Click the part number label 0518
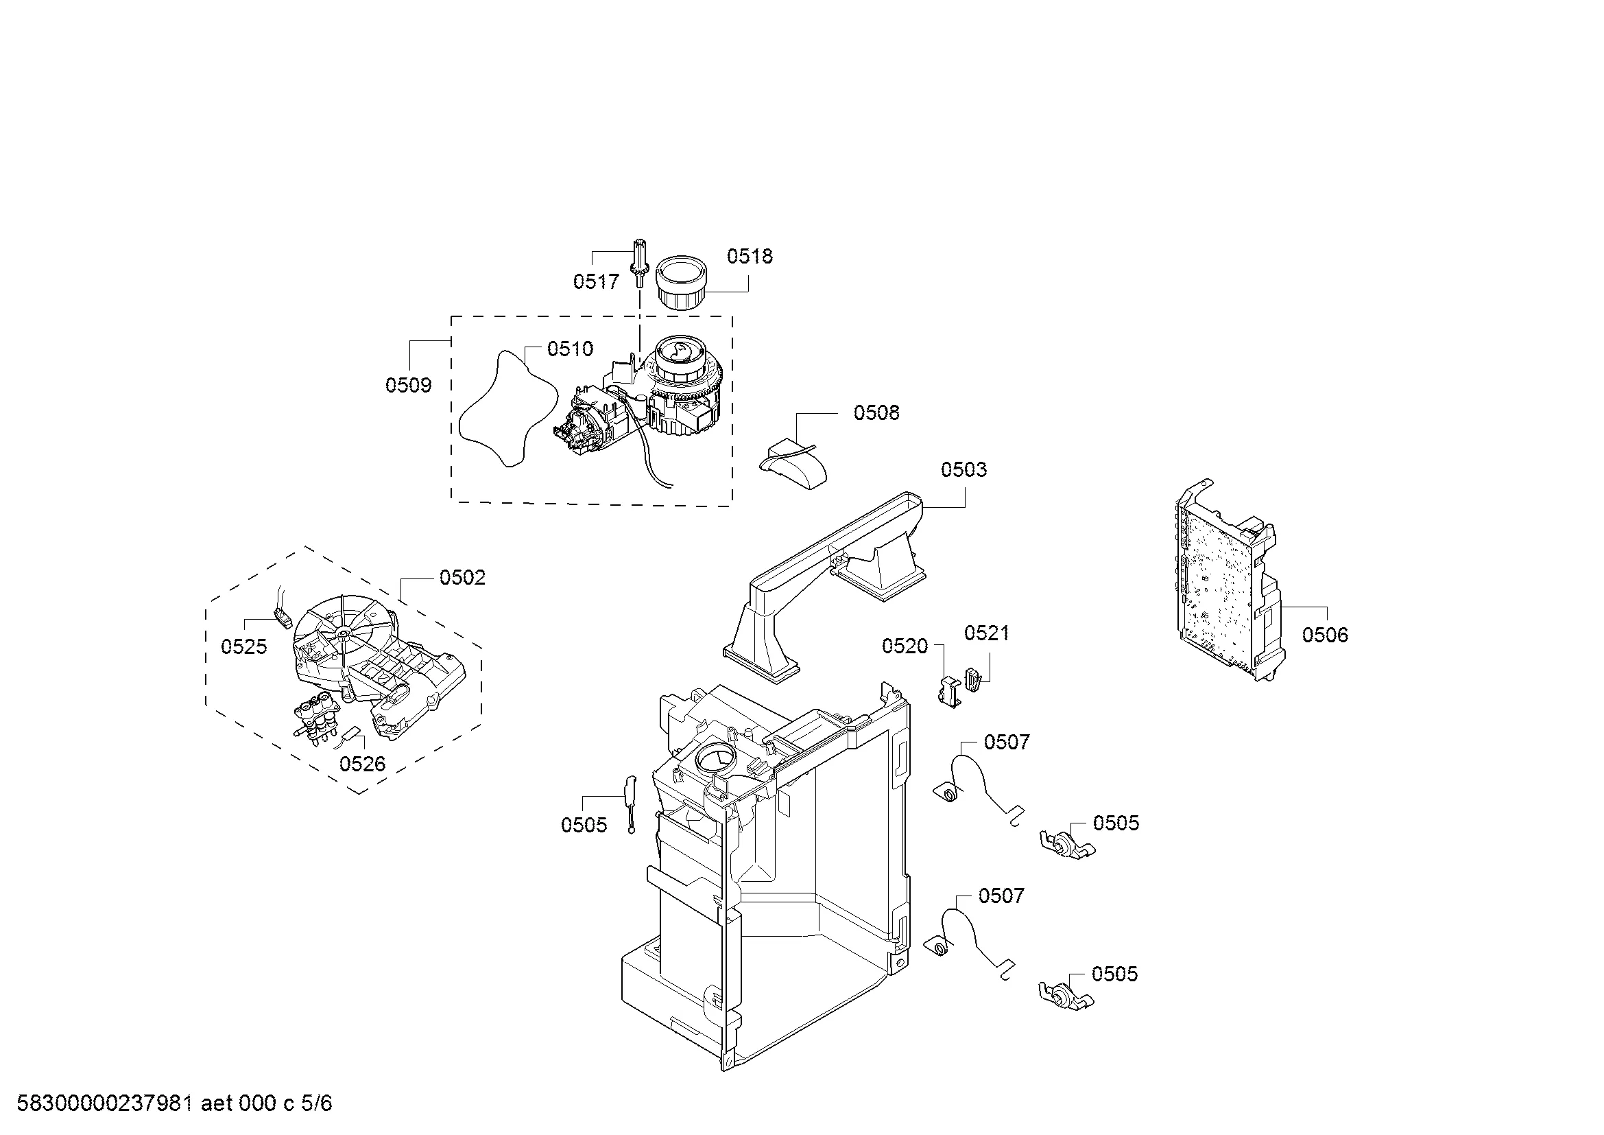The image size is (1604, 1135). tap(750, 257)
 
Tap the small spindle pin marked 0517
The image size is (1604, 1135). tap(639, 262)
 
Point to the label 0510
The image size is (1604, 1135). tap(570, 349)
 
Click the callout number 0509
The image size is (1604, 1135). tap(409, 385)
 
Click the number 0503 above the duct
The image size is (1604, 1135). tap(963, 469)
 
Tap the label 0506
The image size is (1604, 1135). tap(1326, 635)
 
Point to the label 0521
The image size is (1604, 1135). tap(986, 633)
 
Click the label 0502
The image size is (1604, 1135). tap(462, 577)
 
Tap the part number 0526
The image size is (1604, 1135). tap(363, 764)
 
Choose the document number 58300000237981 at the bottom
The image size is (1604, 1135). tap(104, 1103)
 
